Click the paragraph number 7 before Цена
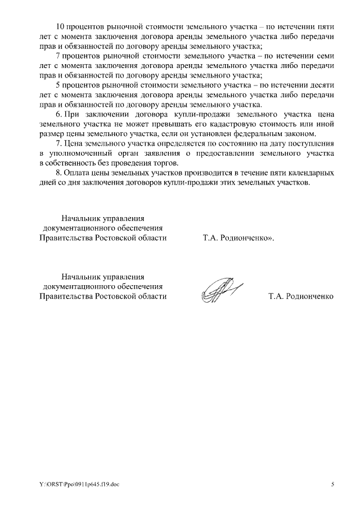60,143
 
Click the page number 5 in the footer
332,484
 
